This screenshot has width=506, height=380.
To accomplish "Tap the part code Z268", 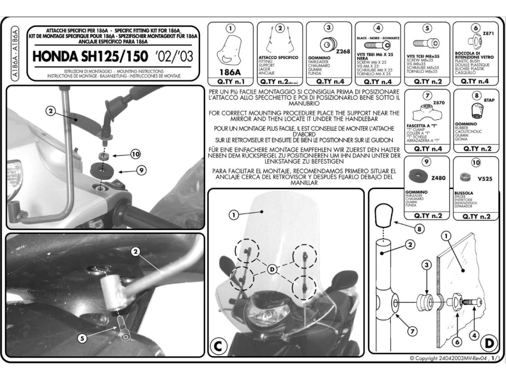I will coord(342,51).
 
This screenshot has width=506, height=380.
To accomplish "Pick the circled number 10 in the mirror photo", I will coord(135,154).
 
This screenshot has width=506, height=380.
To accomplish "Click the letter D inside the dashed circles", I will coord(272,269).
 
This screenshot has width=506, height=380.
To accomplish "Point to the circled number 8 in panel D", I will coord(419,229).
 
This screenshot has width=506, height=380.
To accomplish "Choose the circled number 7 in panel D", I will coord(413,331).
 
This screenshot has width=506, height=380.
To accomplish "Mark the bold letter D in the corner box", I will coord(488,343).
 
